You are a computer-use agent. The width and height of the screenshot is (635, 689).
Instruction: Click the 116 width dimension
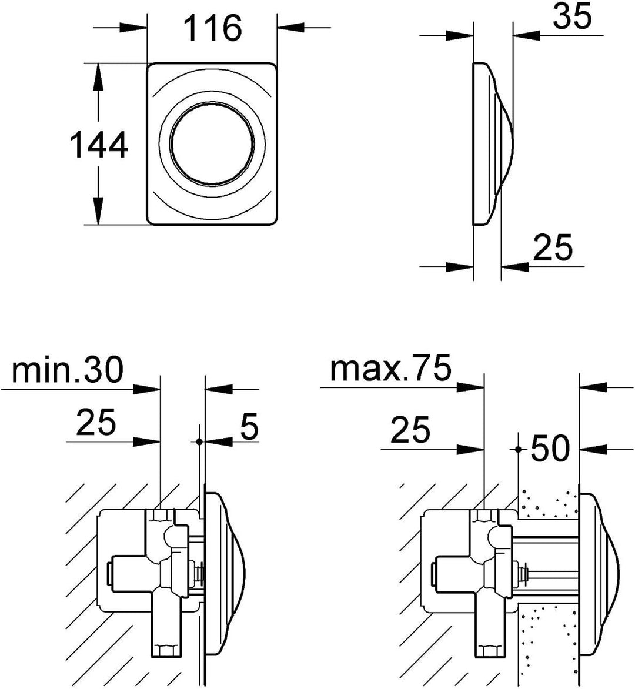pos(212,28)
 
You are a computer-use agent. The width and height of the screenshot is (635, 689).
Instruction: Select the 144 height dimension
pos(99,145)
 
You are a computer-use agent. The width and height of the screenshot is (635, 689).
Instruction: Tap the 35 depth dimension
pos(572,17)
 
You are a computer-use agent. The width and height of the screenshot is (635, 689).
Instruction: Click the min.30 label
pos(68,370)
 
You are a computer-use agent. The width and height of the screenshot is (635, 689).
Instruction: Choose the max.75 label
pos(390,368)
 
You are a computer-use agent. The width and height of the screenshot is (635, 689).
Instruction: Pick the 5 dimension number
pos(250,426)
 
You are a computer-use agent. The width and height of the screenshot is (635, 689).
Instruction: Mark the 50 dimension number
pos(550,448)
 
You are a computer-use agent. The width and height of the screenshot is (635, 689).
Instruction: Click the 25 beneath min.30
pos(96,422)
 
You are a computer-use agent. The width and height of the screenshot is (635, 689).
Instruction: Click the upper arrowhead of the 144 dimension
pos(98,78)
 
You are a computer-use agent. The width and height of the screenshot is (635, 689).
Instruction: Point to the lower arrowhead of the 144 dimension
pos(98,210)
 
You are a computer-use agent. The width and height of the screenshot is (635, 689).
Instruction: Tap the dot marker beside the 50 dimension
pos(517,449)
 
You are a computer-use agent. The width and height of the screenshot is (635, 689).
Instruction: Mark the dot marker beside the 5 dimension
pos(199,441)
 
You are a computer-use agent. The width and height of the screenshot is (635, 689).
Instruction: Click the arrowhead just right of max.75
pos(470,387)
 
